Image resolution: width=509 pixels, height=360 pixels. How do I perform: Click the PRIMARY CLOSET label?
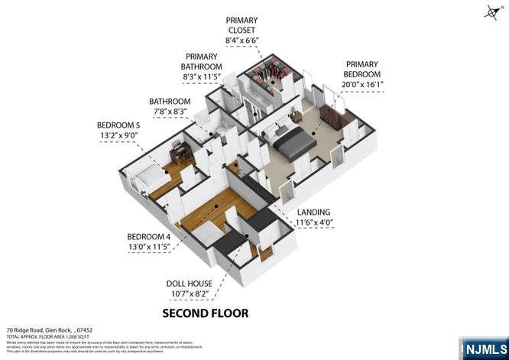pyautogui.click(x=242, y=26)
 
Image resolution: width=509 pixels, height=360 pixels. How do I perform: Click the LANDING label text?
pyautogui.click(x=313, y=212)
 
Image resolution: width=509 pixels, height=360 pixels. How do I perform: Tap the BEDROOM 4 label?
pyautogui.click(x=149, y=236)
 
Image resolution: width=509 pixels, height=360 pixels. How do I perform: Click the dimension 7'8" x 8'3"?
pyautogui.click(x=170, y=112)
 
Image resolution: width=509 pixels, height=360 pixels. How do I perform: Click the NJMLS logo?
pyautogui.click(x=483, y=348)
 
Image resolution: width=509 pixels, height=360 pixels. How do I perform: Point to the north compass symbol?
pyautogui.click(x=491, y=11)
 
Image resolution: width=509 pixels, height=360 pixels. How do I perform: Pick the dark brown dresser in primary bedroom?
pyautogui.click(x=331, y=116)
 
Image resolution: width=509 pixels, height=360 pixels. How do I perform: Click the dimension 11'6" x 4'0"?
pyautogui.click(x=313, y=223)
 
